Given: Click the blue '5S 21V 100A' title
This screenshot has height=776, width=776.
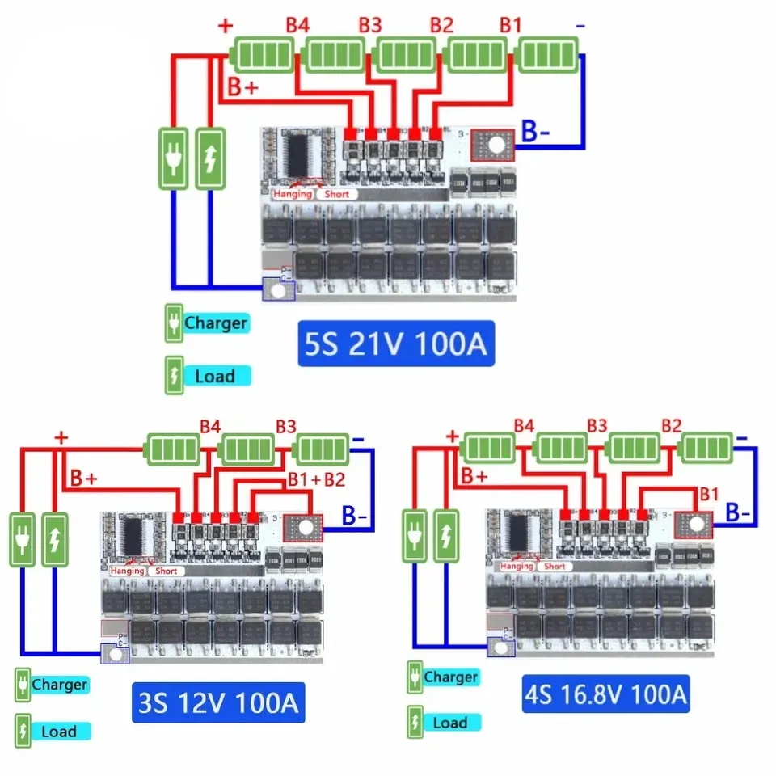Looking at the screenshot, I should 394,344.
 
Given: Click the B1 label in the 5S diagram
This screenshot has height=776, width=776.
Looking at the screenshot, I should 510,26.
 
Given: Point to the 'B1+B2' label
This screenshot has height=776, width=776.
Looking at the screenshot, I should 316,479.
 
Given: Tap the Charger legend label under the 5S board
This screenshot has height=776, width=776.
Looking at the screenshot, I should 215,323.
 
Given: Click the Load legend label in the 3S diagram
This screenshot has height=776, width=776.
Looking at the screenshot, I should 58,732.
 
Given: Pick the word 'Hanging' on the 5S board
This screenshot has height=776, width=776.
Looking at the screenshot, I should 292,194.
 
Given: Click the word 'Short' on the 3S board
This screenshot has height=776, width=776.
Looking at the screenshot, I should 166,571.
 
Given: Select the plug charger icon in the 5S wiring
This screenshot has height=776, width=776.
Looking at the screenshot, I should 174,159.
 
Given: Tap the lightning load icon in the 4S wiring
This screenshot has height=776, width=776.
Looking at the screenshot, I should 446,537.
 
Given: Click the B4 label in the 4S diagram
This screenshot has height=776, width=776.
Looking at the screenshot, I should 524,425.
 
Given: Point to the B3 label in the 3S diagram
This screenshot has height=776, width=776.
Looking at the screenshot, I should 285,425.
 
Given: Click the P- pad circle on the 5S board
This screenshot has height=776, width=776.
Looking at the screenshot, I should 279,289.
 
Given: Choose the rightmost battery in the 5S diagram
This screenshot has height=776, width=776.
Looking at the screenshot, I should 547,56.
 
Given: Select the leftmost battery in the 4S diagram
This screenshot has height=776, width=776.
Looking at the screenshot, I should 491,447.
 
